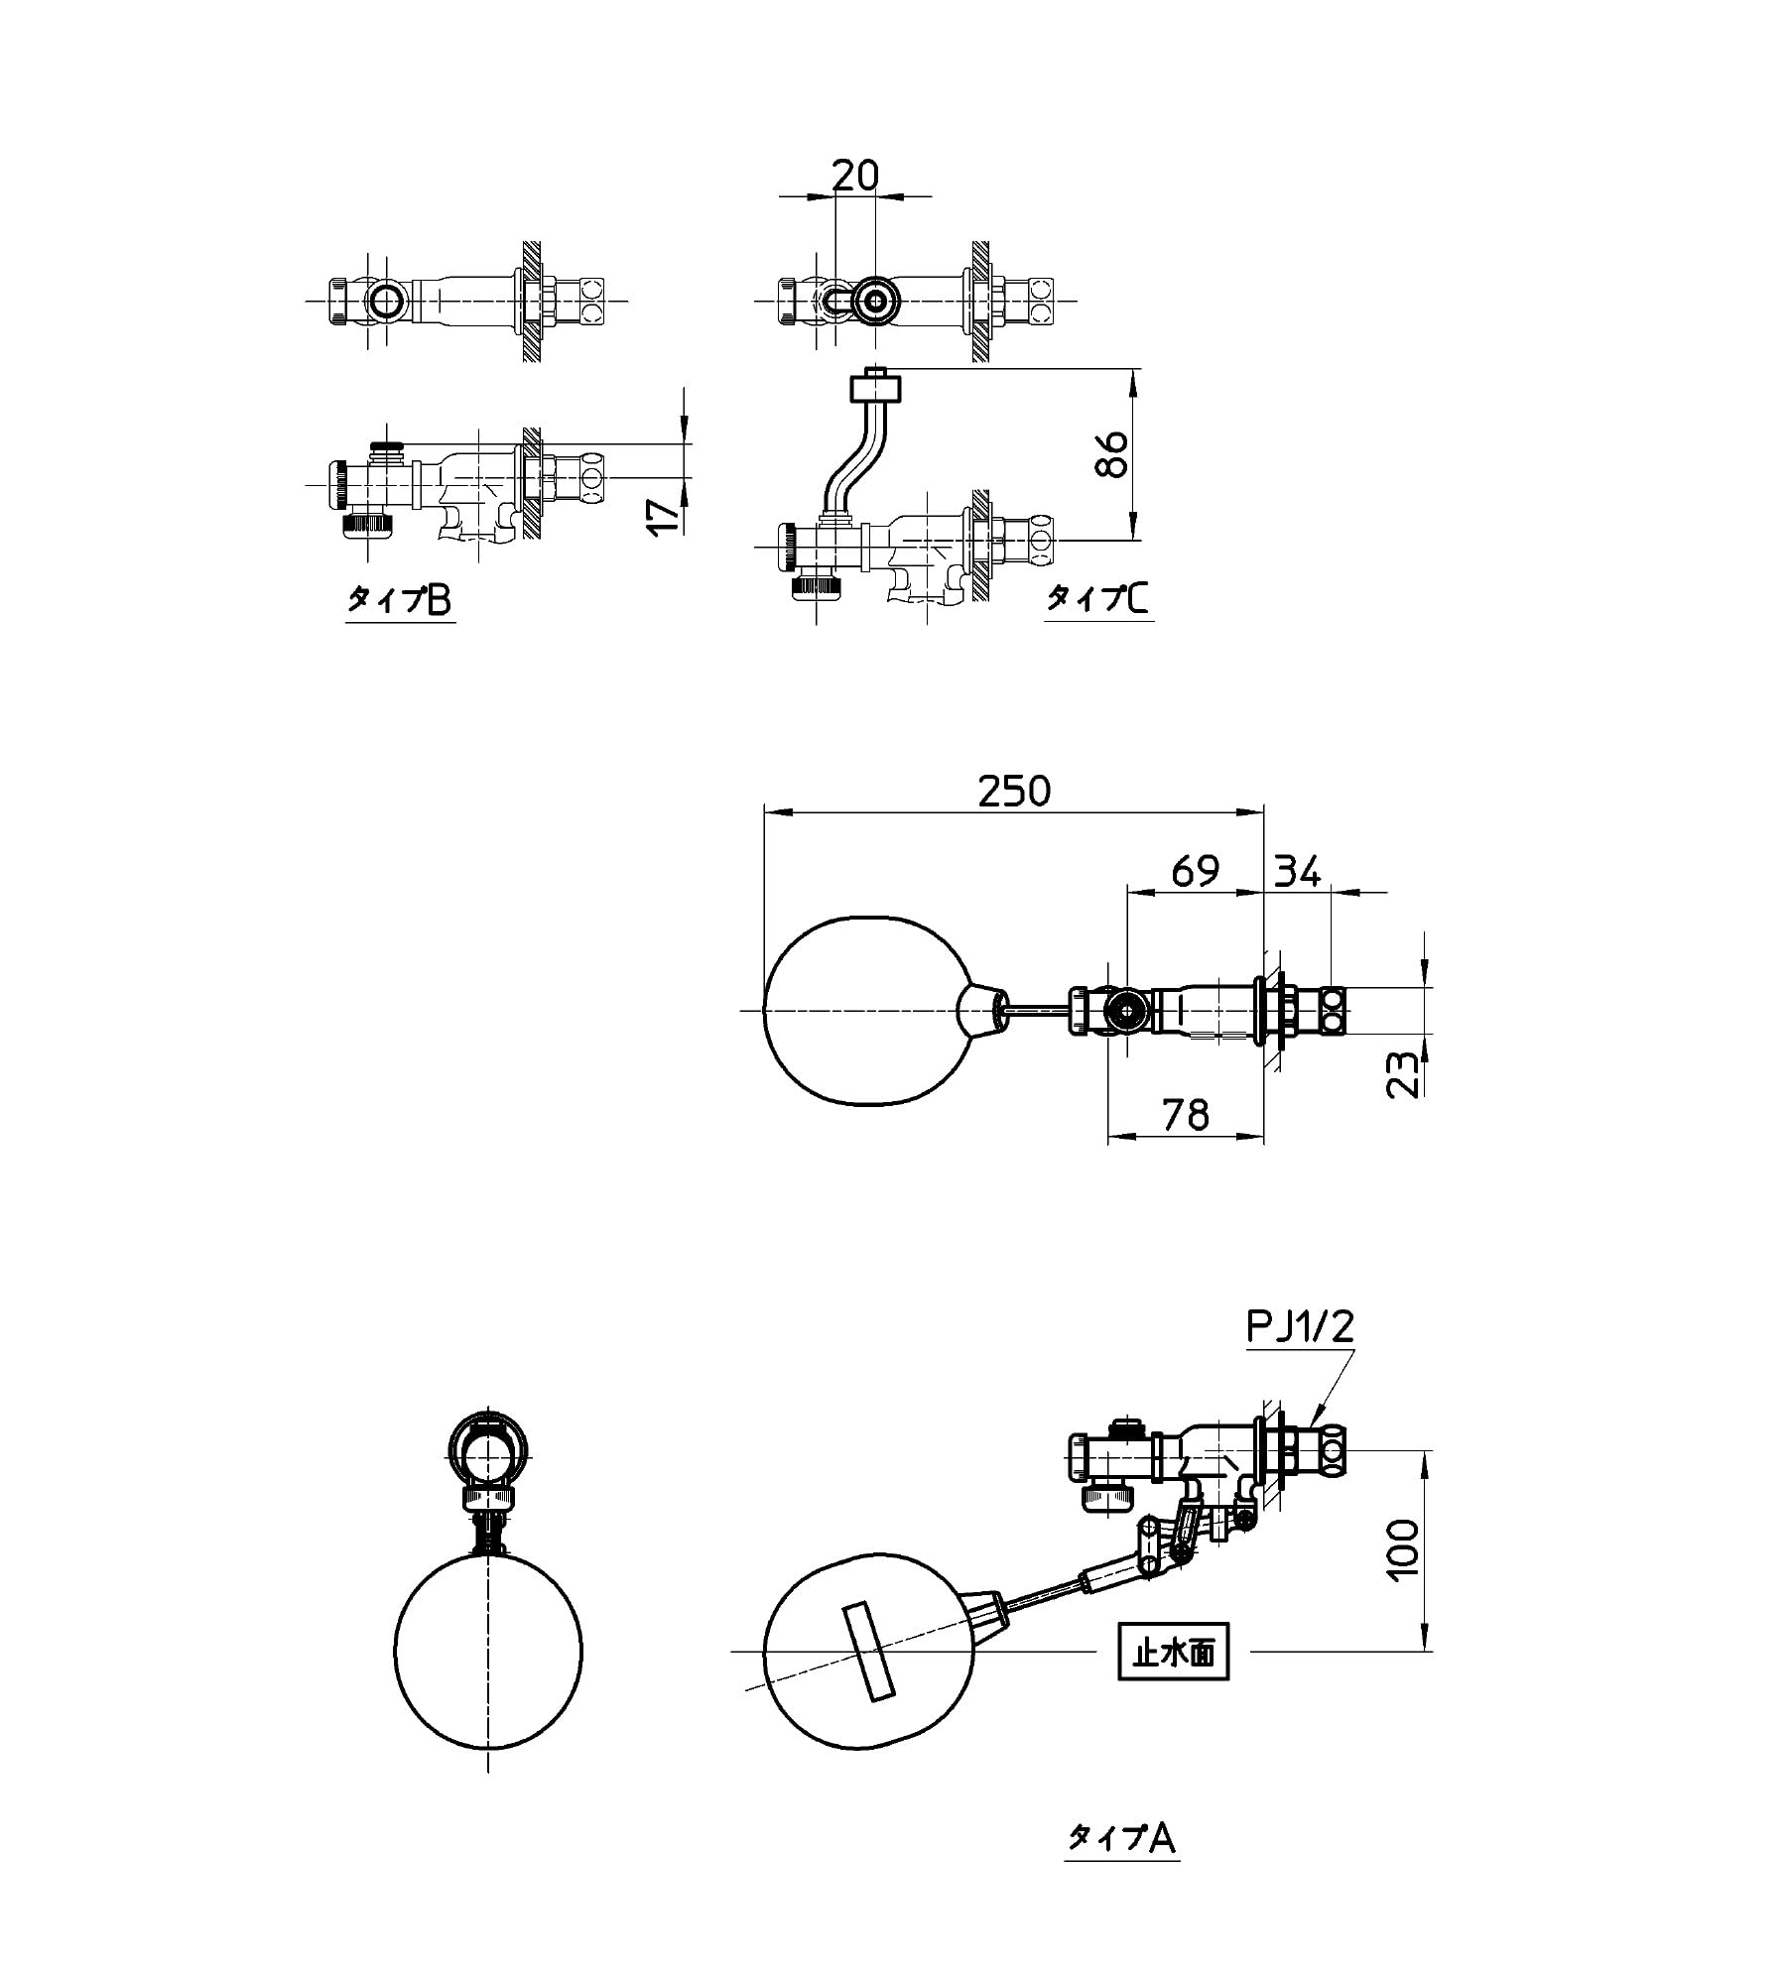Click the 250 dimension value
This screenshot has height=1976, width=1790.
pyautogui.click(x=1013, y=791)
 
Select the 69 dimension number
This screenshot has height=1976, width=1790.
pyautogui.click(x=1194, y=871)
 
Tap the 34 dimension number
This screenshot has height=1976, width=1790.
pyautogui.click(x=1296, y=871)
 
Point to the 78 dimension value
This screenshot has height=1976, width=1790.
pyautogui.click(x=1187, y=1115)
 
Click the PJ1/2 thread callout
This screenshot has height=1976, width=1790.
pyautogui.click(x=1299, y=1326)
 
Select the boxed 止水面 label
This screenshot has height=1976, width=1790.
pyautogui.click(x=1174, y=1651)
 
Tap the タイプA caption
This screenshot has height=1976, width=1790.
pyautogui.click(x=1121, y=1838)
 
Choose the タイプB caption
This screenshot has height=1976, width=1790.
pyautogui.click(x=399, y=599)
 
